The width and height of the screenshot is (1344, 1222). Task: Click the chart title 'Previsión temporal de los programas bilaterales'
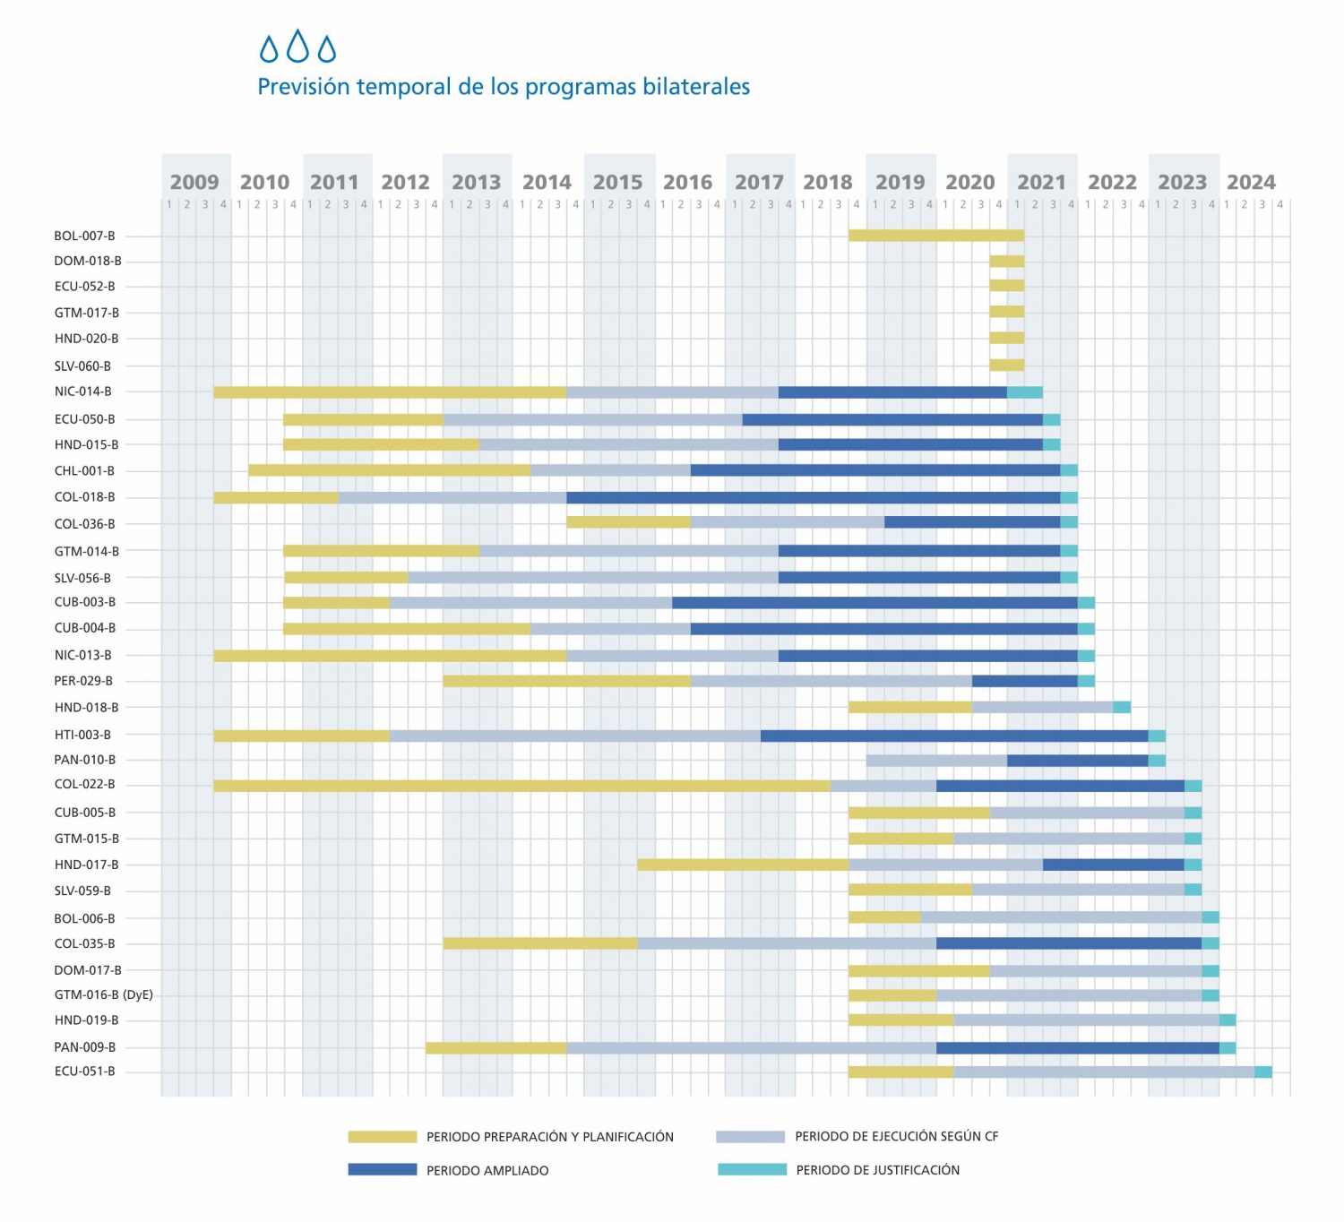tap(504, 87)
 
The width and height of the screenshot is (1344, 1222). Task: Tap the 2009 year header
tap(194, 182)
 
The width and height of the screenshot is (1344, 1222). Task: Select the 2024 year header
tap(1251, 182)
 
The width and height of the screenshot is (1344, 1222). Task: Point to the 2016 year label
tap(687, 182)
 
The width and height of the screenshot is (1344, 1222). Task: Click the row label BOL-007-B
tap(84, 237)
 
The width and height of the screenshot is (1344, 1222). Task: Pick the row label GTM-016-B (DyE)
tap(103, 994)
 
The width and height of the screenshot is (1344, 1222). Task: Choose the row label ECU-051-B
tap(84, 1071)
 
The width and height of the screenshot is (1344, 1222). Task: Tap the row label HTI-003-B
tap(82, 735)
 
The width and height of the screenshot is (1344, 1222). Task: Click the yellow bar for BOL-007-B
tap(936, 236)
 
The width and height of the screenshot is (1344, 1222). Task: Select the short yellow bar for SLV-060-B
tap(1007, 365)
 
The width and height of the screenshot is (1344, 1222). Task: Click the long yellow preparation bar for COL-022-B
tap(521, 786)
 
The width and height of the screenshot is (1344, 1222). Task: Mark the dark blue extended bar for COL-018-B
tap(813, 497)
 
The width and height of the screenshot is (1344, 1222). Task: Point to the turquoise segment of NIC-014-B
tap(1025, 392)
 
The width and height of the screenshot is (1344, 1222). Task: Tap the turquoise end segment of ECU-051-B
tap(1263, 1071)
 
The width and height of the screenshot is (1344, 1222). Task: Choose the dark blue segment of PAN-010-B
tap(1077, 761)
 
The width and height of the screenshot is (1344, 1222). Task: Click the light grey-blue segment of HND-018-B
tap(1042, 707)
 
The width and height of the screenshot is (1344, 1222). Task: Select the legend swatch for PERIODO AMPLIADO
tap(383, 1169)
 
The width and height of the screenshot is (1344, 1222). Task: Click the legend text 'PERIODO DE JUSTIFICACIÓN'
tap(877, 1170)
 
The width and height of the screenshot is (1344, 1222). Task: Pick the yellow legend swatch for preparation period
tap(383, 1137)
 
